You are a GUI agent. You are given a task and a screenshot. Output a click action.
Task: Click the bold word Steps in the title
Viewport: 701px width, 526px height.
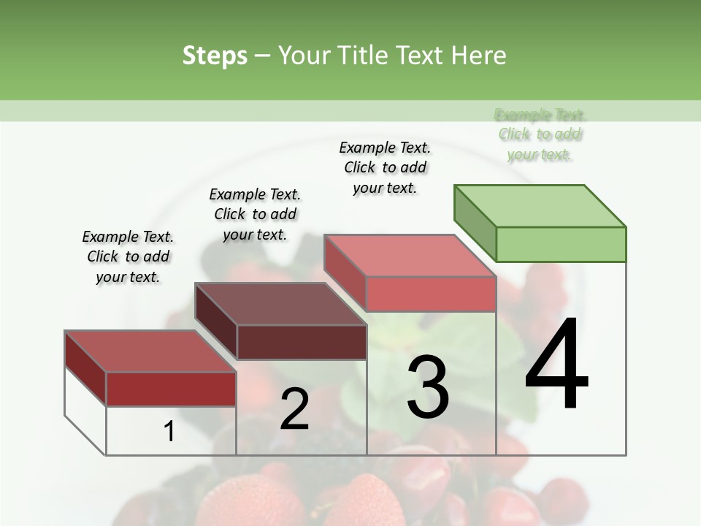coord(215,56)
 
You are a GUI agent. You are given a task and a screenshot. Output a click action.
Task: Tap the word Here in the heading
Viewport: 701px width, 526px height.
coord(480,56)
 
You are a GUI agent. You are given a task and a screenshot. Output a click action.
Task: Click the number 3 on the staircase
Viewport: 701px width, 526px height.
coord(428,386)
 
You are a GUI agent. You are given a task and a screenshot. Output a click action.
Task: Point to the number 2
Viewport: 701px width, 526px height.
coord(294,408)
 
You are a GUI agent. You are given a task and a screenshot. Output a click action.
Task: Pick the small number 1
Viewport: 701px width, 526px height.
coord(169,432)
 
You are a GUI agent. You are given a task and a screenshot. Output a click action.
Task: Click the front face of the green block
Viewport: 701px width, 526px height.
coord(561,244)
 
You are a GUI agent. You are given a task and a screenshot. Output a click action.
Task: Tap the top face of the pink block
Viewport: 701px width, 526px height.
coord(409,256)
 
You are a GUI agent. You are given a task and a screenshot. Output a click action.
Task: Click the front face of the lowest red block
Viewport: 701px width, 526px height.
coord(171,389)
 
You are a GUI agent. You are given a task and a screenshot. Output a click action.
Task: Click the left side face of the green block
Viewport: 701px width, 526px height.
coord(475,223)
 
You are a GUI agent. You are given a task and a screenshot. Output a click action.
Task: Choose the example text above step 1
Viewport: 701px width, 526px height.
coord(128,256)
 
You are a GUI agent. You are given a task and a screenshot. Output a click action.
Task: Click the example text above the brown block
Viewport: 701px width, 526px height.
coord(255,214)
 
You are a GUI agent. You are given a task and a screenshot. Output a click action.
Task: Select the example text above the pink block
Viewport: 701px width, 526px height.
coord(385,167)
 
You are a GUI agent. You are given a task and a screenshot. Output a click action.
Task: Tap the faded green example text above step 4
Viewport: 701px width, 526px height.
coord(540,134)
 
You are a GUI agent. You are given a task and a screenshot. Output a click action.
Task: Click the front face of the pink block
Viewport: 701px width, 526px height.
coord(431,294)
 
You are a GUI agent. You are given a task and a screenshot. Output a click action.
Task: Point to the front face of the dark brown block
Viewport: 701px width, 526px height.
coord(302,342)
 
